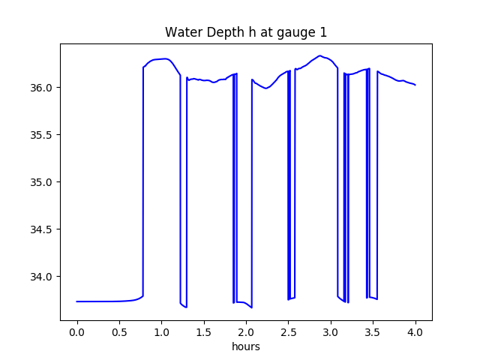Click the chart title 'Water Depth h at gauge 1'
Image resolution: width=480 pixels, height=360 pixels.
246,32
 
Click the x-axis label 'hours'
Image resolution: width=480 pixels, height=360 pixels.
246,347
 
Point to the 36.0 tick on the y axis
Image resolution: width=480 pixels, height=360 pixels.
43,88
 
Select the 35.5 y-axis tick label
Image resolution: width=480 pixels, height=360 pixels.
43,135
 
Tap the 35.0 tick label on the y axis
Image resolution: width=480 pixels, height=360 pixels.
43,182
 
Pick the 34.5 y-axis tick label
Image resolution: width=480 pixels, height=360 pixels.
43,229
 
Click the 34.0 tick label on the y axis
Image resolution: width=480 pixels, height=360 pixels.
43,277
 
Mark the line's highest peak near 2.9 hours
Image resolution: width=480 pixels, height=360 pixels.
320,55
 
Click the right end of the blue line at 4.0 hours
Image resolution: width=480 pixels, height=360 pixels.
415,85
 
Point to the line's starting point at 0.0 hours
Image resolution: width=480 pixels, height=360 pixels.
77,301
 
